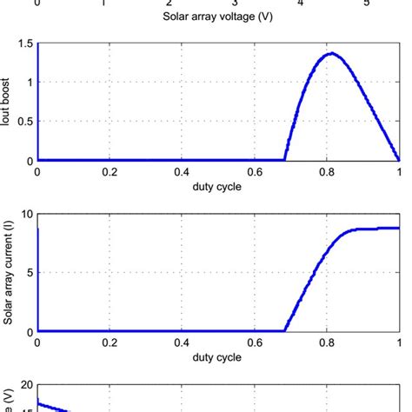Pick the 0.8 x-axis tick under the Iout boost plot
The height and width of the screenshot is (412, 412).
coord(327,172)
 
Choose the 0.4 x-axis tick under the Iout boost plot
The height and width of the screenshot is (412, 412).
coord(182,172)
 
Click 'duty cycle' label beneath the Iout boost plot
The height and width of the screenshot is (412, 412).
coord(217,185)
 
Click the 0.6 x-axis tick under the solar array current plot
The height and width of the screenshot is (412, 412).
coord(254,343)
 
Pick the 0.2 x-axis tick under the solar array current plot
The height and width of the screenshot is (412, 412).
coord(109,343)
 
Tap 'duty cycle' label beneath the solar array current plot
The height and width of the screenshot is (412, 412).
coord(217,356)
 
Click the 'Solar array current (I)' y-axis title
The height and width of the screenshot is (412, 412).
coord(8,273)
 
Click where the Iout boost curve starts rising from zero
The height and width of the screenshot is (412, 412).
coord(285,159)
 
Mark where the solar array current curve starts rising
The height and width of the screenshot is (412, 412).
coord(285,330)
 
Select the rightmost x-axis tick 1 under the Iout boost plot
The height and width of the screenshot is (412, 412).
coord(399,172)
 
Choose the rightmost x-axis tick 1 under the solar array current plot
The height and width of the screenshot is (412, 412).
coord(399,343)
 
